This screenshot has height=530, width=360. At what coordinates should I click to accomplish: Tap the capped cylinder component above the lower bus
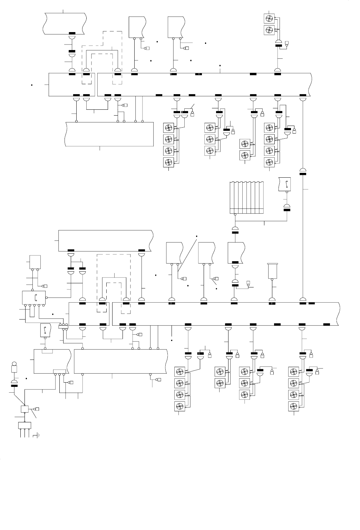(x=273, y=271)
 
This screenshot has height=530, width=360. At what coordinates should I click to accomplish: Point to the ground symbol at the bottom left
(x=37, y=435)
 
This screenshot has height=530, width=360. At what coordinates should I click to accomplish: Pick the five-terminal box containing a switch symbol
(x=34, y=297)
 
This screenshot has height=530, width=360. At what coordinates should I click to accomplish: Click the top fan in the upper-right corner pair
(x=269, y=18)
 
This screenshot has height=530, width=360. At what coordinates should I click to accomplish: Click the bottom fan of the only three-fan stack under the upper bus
(x=210, y=151)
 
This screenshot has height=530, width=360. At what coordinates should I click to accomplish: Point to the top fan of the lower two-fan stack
(x=220, y=372)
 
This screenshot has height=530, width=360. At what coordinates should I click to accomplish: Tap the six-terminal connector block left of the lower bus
(x=63, y=326)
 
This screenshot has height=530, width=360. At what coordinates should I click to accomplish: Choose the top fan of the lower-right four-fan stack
(x=293, y=372)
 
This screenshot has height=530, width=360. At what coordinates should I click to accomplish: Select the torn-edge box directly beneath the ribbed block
(x=236, y=253)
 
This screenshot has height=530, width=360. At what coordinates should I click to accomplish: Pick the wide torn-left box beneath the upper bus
(x=109, y=134)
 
